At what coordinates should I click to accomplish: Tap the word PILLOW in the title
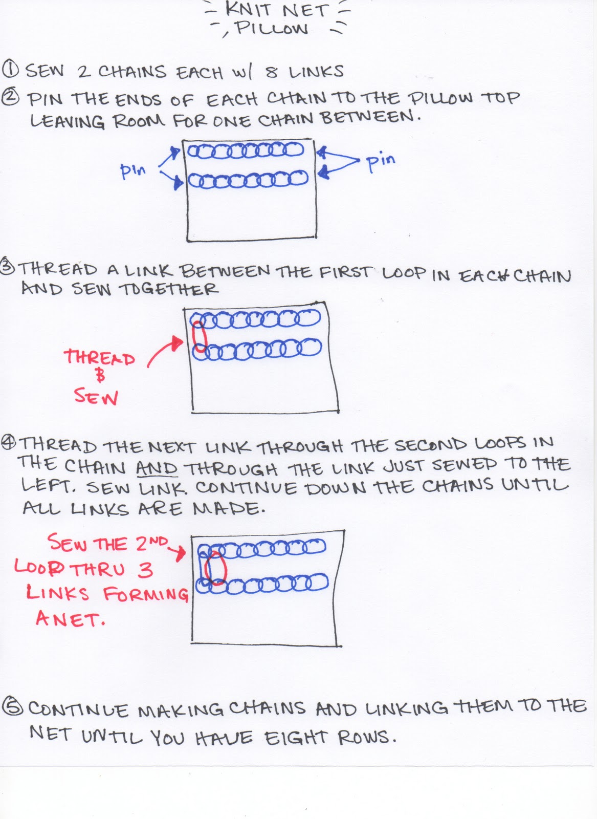(x=271, y=29)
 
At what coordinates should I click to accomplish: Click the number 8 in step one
(x=272, y=72)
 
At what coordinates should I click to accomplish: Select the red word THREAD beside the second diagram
(x=99, y=357)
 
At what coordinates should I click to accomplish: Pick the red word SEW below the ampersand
(x=96, y=396)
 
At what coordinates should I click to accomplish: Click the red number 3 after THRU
(x=145, y=570)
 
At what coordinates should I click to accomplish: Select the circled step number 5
(x=12, y=707)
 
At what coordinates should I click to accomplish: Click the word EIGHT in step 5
(x=296, y=738)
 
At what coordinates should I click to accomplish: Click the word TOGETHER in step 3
(x=169, y=289)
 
